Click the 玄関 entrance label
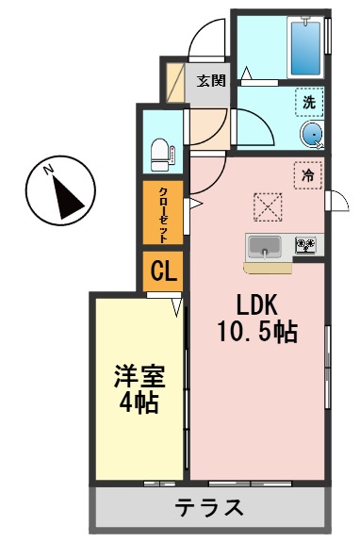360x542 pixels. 211,80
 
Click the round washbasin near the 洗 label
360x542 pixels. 313,135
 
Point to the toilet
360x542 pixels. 161,151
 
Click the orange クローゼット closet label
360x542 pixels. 163,214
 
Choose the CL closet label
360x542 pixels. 163,272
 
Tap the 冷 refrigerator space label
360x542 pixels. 307,174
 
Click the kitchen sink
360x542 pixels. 266,248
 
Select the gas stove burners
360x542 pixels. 306,247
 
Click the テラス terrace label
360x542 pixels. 210,508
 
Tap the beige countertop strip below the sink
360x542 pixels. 267,268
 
